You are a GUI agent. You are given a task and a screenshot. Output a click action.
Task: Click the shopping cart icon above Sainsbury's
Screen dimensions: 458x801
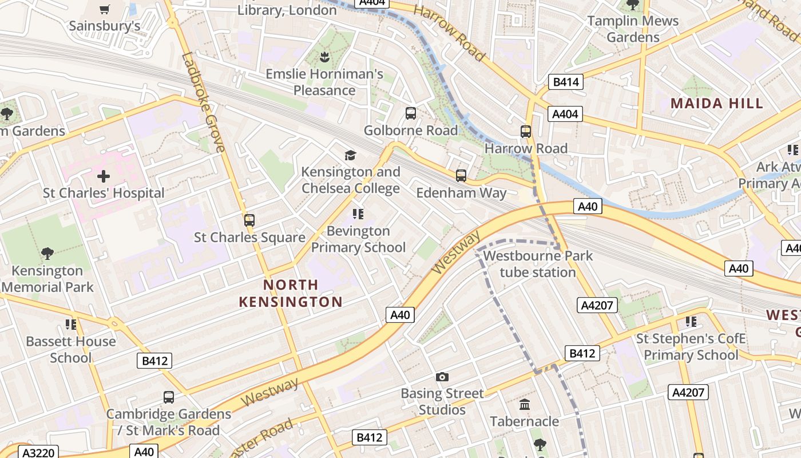(x=104, y=9)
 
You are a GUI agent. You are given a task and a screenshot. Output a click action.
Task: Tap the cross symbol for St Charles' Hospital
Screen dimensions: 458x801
(x=104, y=176)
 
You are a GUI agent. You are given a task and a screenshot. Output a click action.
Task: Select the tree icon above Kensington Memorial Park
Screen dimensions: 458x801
(x=47, y=254)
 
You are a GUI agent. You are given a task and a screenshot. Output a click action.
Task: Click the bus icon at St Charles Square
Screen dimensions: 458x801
(x=249, y=220)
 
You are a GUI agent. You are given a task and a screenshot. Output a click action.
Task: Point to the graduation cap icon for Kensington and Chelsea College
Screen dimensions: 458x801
(x=350, y=155)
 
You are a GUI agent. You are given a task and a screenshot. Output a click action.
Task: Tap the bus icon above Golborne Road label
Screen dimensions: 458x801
(x=411, y=113)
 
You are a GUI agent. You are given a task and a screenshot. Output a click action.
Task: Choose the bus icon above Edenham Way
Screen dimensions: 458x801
(x=461, y=176)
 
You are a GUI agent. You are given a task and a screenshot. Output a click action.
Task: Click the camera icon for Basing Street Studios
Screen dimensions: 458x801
(x=442, y=377)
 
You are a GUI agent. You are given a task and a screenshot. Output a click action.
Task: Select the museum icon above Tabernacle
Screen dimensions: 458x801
(x=525, y=405)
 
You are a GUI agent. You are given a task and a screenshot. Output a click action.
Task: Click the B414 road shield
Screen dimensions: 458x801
(x=566, y=82)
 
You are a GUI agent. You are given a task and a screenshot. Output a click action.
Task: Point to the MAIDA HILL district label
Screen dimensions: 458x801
(x=717, y=104)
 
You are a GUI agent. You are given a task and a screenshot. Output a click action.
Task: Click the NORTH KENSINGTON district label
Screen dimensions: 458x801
(x=291, y=293)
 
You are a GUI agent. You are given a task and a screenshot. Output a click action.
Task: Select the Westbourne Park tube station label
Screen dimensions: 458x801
(x=538, y=264)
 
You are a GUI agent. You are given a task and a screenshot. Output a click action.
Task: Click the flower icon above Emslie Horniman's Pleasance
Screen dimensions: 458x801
(x=324, y=57)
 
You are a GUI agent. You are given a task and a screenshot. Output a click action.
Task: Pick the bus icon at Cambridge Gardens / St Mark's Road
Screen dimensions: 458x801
(x=169, y=397)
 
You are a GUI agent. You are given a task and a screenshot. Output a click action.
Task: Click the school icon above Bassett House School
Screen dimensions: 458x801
(x=71, y=325)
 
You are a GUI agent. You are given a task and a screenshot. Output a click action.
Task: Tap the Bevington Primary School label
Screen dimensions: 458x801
(x=358, y=239)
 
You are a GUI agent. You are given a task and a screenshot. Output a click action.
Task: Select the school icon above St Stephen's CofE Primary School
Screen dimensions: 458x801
(x=691, y=322)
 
